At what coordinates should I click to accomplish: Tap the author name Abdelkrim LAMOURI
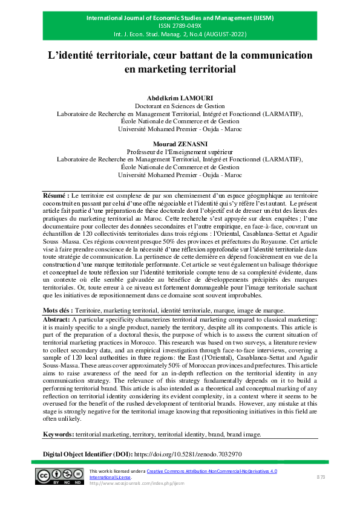(180, 98)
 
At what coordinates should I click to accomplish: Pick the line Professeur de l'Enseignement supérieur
(180, 152)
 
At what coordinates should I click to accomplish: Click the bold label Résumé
(56, 196)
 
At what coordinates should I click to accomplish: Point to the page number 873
(321, 478)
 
